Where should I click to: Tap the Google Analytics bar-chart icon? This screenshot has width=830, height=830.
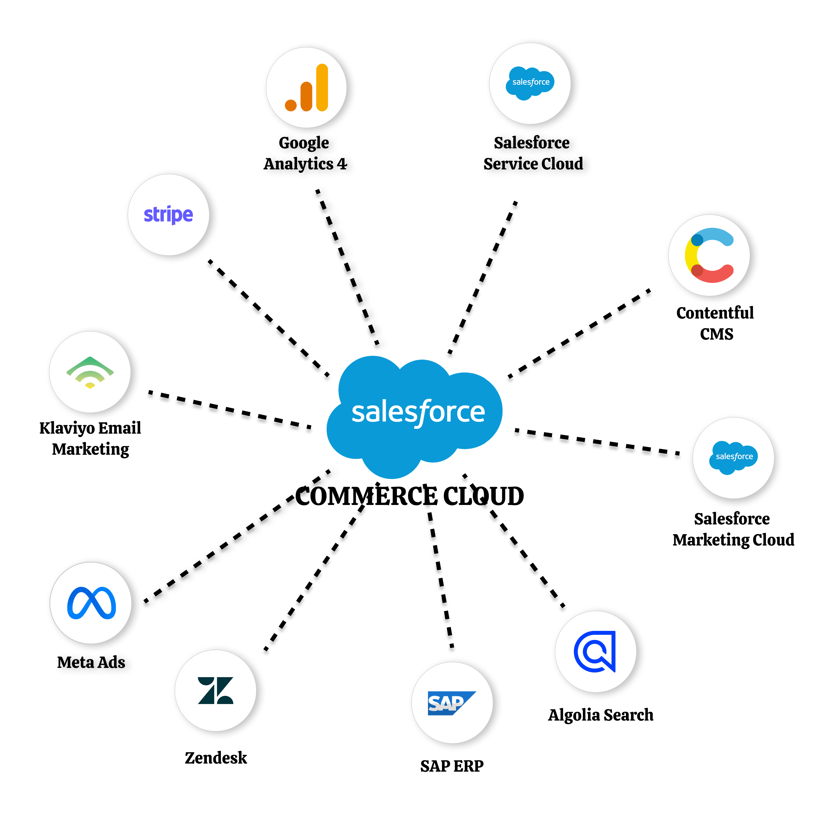click(307, 88)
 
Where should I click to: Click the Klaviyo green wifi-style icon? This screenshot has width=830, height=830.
click(90, 372)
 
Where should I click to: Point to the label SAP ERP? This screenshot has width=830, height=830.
click(451, 766)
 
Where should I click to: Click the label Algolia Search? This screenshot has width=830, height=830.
click(601, 715)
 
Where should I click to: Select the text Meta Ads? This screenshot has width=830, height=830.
click(91, 662)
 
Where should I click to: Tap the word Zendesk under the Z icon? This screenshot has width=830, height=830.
click(216, 758)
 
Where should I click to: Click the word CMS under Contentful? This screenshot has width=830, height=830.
click(716, 334)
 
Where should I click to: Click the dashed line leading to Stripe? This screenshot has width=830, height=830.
click(268, 318)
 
